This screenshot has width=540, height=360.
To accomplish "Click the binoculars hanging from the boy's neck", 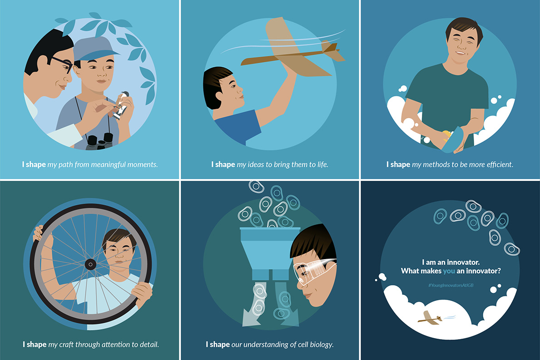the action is click(99, 141).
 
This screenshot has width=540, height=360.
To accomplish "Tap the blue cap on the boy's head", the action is click(95, 49).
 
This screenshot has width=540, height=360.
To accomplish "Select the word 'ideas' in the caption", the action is click(256, 165).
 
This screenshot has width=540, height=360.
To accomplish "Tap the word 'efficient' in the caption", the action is click(500, 165).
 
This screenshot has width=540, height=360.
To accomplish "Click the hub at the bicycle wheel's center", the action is click(90, 265).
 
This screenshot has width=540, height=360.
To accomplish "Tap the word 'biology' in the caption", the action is click(322, 345).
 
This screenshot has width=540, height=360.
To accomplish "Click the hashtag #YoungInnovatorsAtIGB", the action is click(451, 285).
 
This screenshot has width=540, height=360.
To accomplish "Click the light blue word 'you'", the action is click(449, 271).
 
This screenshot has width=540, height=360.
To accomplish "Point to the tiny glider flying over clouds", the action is click(430, 317).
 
